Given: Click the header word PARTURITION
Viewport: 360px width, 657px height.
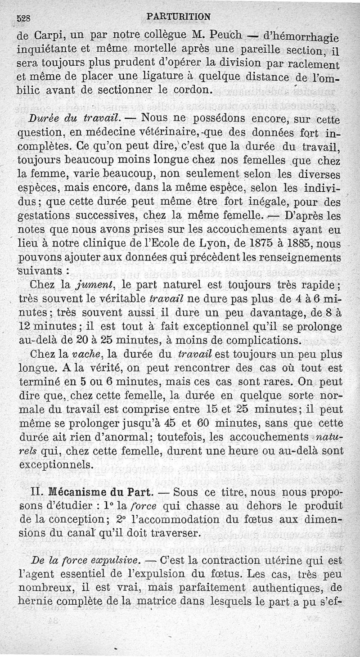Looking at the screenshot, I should click(179, 17).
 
